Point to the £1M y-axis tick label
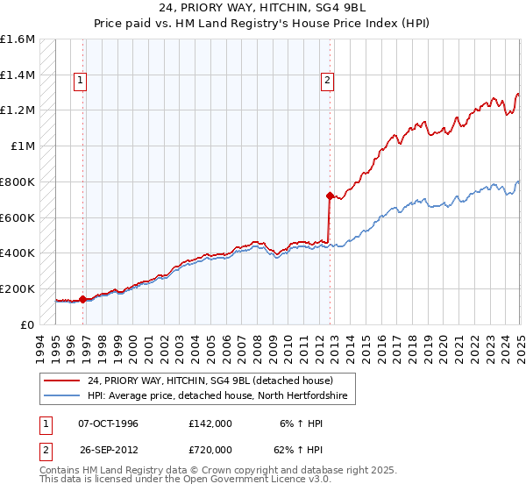[24, 146]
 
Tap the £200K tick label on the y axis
[18, 288]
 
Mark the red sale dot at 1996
[82, 299]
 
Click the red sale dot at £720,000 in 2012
[330, 196]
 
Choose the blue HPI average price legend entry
[217, 396]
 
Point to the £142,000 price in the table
[210, 423]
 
